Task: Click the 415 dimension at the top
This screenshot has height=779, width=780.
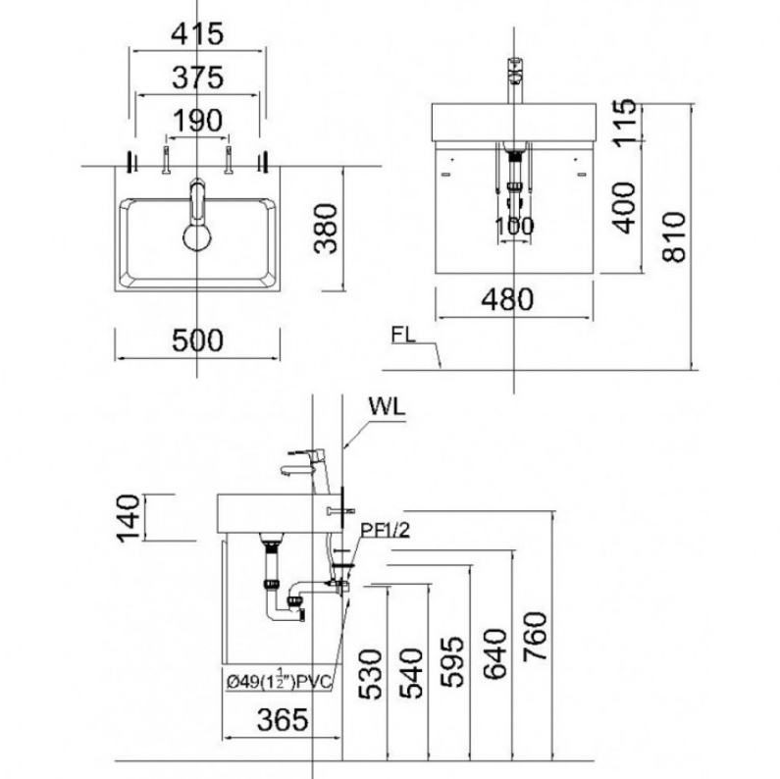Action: click(x=197, y=34)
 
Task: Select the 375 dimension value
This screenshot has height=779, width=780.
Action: click(x=197, y=78)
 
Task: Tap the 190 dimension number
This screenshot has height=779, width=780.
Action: click(x=197, y=121)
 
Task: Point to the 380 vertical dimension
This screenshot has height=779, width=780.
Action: click(x=327, y=229)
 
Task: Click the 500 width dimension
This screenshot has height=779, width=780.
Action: click(x=197, y=340)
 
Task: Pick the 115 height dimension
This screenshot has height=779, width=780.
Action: click(x=624, y=123)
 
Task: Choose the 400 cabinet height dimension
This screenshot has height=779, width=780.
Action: click(x=624, y=207)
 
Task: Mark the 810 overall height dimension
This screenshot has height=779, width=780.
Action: click(x=674, y=236)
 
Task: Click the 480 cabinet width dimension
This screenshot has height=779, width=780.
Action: click(x=507, y=299)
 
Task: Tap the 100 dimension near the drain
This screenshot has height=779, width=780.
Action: click(x=514, y=226)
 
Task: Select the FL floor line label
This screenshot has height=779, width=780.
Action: click(x=403, y=335)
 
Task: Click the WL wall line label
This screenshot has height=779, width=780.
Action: click(x=387, y=407)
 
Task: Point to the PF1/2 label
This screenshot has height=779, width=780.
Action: click(x=385, y=530)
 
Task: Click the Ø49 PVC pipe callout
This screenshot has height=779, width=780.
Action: click(x=279, y=681)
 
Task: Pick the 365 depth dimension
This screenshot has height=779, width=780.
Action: click(x=283, y=719)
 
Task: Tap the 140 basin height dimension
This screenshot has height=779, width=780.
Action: click(x=128, y=517)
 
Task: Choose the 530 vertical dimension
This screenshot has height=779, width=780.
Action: click(x=370, y=674)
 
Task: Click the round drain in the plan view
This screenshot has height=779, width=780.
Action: click(x=197, y=236)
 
